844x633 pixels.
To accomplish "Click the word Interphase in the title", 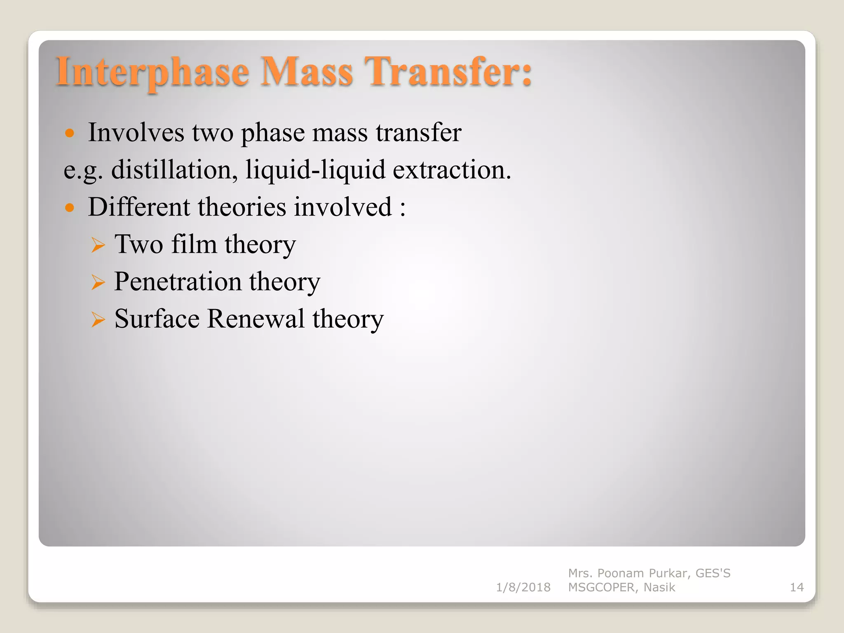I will point(152,72).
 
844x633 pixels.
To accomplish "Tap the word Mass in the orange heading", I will point(307,72).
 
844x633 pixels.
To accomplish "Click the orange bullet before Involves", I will point(70,133).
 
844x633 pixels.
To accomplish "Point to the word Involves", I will point(136,133).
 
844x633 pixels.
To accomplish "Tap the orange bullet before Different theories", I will point(70,207).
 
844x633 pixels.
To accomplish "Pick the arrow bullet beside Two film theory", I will point(98,245).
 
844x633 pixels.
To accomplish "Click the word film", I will point(194,244).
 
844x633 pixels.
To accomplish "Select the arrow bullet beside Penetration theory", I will point(98,283).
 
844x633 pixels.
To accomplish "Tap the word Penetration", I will point(178,282).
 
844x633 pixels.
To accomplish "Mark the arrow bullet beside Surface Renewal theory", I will point(98,320).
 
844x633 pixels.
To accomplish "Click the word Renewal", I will point(256,319).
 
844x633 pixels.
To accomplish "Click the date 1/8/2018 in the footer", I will point(523,587).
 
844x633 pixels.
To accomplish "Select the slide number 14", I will point(797,587).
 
